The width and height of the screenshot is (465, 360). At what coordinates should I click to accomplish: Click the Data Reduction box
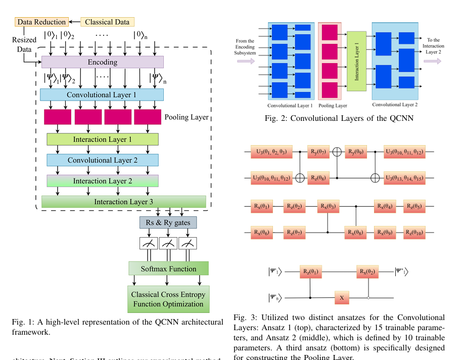click(x=41, y=22)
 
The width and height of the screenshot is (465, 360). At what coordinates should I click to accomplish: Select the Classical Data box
click(x=106, y=22)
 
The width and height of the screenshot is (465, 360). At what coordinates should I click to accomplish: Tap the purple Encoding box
click(x=102, y=62)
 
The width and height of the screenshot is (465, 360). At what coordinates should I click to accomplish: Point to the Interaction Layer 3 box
click(x=123, y=202)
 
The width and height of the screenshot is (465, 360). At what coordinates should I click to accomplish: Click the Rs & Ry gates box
click(x=168, y=222)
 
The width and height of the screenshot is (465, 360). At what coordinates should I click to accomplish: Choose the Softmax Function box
click(x=168, y=269)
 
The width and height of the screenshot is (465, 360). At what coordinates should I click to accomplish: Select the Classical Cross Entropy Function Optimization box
click(x=168, y=299)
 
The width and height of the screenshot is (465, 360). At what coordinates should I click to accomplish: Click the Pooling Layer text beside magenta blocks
click(x=187, y=117)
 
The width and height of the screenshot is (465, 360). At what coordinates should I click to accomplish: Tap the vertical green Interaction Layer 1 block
click(x=356, y=61)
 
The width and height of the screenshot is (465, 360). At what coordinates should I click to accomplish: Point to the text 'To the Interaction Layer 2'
click(x=433, y=46)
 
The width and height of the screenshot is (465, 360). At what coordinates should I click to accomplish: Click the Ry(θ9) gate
click(x=357, y=152)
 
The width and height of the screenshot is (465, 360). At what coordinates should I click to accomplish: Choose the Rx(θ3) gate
click(x=329, y=207)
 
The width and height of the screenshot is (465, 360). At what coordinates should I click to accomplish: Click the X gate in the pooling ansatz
click(x=341, y=298)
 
